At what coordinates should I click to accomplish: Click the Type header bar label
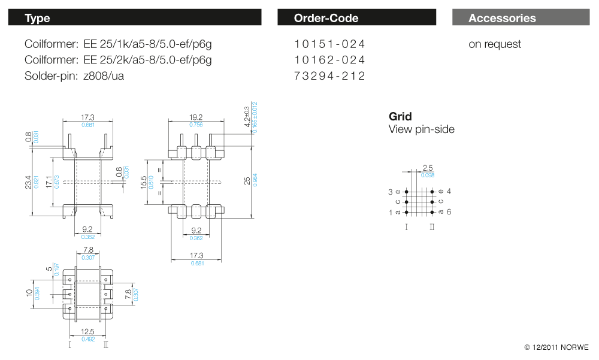tap(37, 18)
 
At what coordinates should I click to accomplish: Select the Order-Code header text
tap(326, 18)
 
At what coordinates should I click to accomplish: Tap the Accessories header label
tap(502, 18)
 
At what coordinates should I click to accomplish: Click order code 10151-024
tap(329, 44)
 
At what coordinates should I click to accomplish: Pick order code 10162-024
tap(329, 60)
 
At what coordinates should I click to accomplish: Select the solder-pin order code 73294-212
tap(329, 76)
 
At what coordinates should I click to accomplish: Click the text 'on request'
tap(495, 44)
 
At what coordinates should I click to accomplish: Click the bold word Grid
tap(400, 117)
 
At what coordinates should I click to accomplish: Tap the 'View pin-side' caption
tap(421, 129)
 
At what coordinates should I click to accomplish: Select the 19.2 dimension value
tap(196, 117)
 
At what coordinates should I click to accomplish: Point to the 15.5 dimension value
tap(144, 181)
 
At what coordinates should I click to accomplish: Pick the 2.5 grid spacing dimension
tap(428, 168)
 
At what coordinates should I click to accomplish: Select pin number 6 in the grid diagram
tap(449, 212)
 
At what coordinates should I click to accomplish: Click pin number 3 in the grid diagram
tap(391, 192)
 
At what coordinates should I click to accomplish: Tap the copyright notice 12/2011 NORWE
tap(556, 347)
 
